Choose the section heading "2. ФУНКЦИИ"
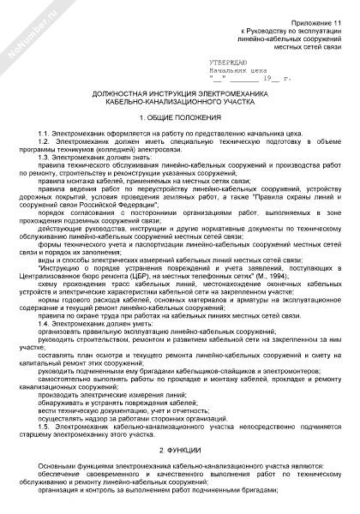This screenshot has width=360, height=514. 179,449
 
